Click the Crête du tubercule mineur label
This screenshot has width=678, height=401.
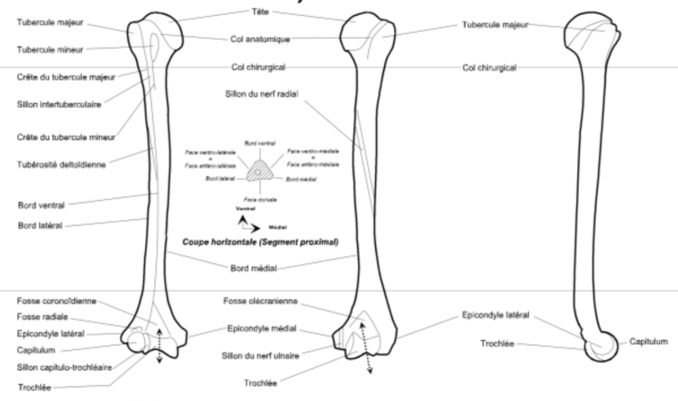click(x=66, y=137)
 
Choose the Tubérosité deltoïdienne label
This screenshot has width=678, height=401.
click(x=62, y=165)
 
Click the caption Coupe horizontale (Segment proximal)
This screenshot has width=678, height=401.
click(x=260, y=241)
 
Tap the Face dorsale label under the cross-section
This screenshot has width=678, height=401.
click(x=260, y=200)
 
